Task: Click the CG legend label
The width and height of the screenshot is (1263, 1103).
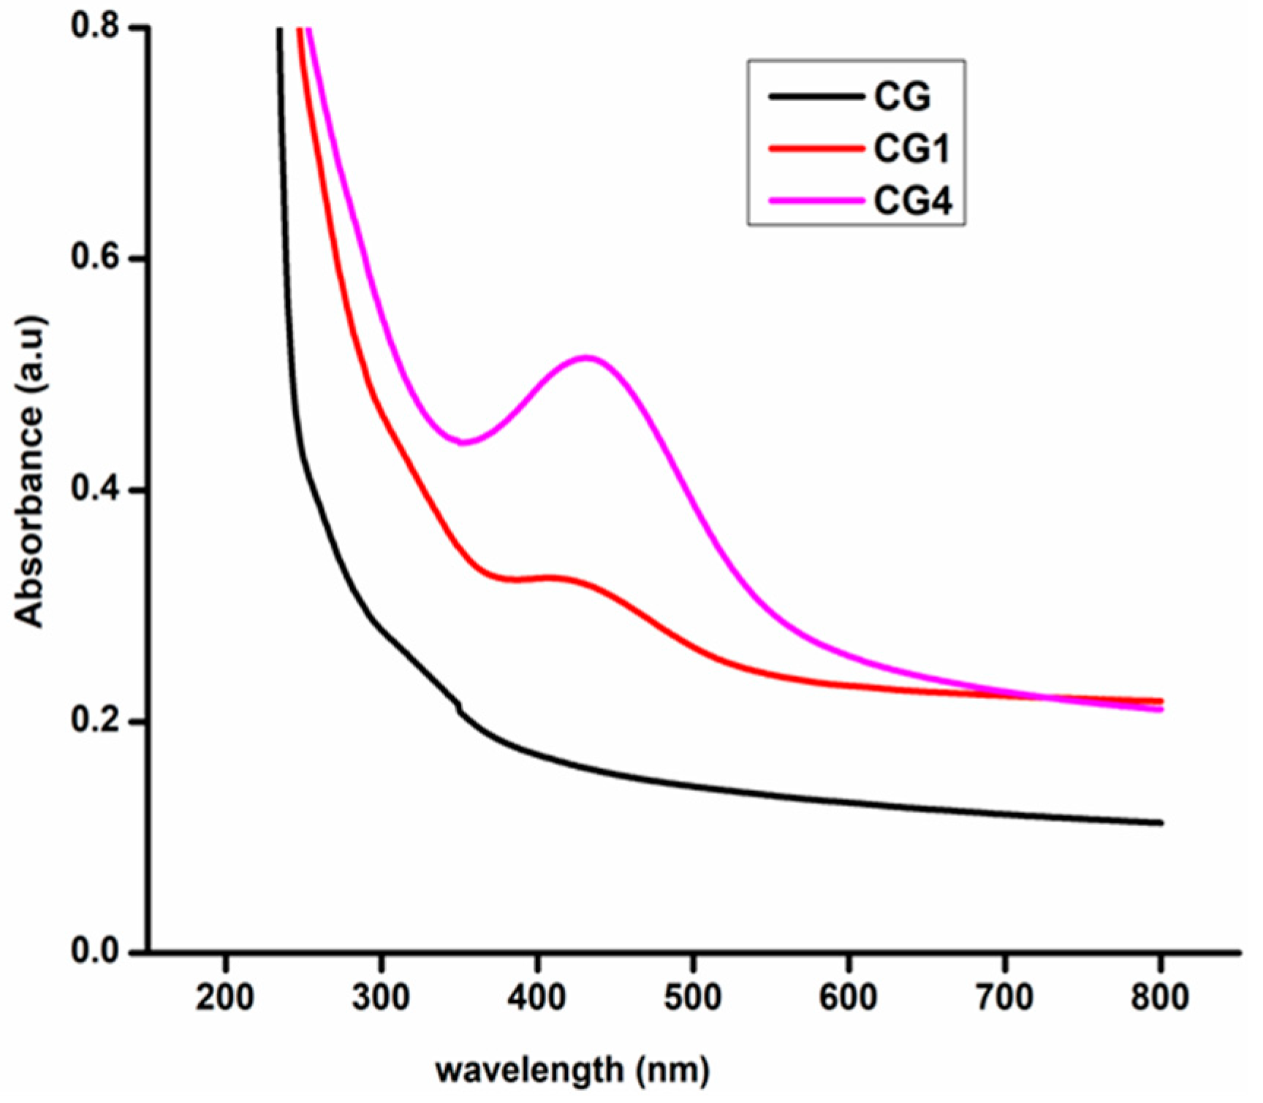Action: click(902, 96)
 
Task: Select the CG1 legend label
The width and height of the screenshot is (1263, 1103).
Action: click(911, 149)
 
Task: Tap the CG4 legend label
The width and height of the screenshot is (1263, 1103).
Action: click(913, 200)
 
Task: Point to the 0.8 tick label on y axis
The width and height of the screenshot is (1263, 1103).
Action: click(94, 27)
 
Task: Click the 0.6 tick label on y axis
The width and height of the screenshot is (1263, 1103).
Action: click(94, 258)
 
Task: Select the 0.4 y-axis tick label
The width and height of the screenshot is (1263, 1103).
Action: click(94, 489)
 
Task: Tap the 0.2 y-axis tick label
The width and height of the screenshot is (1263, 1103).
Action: click(94, 721)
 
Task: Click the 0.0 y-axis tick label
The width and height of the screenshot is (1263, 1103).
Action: click(94, 952)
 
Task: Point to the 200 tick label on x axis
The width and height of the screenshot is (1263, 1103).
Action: click(225, 997)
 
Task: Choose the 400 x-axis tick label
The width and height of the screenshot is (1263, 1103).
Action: click(537, 997)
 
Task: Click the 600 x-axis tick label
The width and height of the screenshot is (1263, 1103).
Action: click(849, 997)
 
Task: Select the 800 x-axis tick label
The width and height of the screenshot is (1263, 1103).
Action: click(1160, 997)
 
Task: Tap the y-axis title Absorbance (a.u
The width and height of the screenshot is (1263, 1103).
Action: click(31, 471)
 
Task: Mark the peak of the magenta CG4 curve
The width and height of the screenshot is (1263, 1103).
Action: click(587, 357)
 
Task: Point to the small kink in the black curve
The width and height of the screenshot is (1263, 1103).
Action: click(459, 706)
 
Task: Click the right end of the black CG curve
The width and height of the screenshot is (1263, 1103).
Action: click(1160, 823)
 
